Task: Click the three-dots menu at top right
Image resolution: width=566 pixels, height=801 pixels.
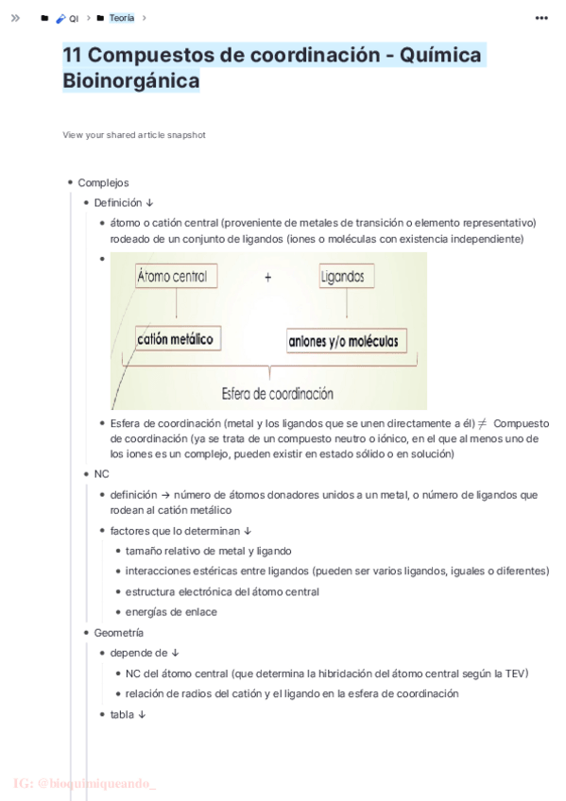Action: [x=541, y=18]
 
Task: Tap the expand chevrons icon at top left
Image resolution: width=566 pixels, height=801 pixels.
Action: [x=15, y=18]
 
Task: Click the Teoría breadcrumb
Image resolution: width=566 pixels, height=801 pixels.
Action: [x=121, y=18]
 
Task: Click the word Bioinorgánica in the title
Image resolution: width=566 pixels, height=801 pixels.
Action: [x=131, y=81]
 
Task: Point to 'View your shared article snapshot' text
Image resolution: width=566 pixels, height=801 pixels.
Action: [x=134, y=135]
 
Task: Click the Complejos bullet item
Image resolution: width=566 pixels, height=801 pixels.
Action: [x=103, y=182]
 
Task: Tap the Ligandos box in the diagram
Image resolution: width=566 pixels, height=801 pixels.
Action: [x=342, y=277]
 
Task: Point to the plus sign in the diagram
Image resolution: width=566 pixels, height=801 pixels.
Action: [x=268, y=278]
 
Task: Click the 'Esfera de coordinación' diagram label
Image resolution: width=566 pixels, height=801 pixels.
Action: [x=277, y=394]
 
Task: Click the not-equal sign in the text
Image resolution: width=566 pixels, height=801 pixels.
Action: [x=482, y=424]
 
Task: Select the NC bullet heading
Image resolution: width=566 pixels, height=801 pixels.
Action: [x=102, y=474]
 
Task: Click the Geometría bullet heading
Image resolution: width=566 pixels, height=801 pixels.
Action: [x=119, y=632]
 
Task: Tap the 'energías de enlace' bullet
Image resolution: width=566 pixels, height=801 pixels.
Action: [x=171, y=611]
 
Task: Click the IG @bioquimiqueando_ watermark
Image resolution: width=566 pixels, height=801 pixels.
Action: [x=85, y=783]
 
